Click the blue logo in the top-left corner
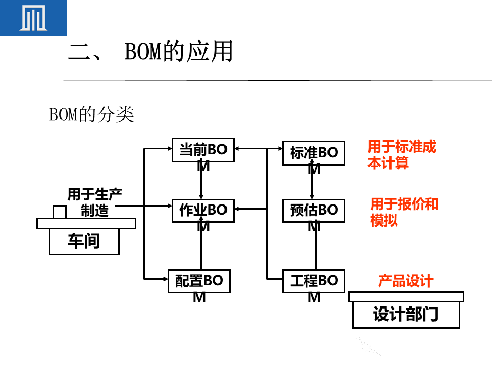33,17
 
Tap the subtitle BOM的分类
91,115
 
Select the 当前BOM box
203,150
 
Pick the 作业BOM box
203,211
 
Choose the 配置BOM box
199,281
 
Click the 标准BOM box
314,153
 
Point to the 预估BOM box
314,211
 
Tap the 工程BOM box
314,281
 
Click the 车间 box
84,241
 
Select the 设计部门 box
406,315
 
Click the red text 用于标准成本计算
402,155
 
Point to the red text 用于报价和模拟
404,212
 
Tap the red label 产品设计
405,281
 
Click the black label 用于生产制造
95,202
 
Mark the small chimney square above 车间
59,211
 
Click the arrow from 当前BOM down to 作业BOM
201,181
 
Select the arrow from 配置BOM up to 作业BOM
201,246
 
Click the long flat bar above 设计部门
406,297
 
